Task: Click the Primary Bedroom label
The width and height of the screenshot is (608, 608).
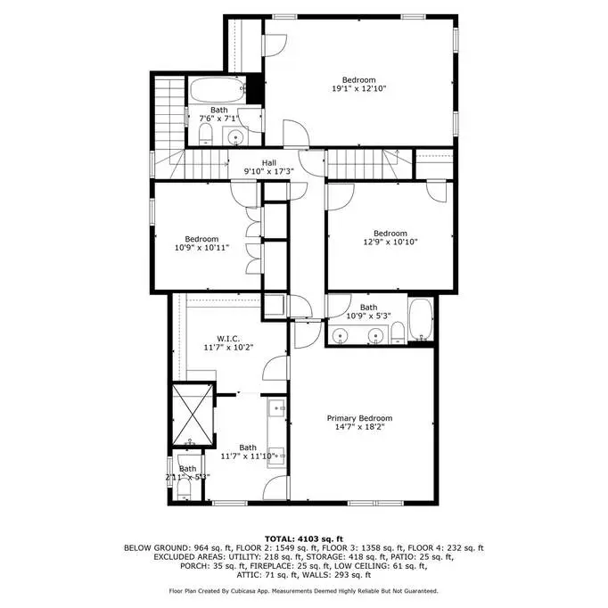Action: (359, 418)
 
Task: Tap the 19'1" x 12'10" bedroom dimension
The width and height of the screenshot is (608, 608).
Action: (359, 88)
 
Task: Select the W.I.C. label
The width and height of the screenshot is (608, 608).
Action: (228, 339)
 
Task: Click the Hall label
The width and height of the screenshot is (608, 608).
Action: (268, 163)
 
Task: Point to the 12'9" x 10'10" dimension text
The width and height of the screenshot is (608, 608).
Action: (390, 242)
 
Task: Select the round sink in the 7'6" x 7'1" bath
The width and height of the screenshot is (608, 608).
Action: (235, 136)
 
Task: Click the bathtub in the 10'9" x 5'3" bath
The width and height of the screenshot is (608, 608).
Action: (421, 319)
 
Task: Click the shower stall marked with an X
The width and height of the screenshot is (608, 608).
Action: (193, 415)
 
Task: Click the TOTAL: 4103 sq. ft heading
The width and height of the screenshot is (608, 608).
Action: (304, 538)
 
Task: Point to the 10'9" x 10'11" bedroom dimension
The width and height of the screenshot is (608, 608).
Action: (201, 247)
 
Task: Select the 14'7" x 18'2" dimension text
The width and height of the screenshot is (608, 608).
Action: (359, 427)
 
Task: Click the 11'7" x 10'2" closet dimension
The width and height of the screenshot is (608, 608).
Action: (228, 348)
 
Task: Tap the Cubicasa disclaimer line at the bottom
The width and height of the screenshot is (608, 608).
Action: (304, 591)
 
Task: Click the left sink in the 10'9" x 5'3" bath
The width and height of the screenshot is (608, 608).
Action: (340, 335)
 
